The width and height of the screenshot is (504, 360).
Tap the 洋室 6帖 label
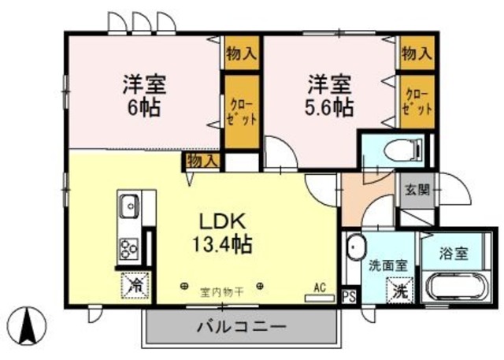click(142, 94)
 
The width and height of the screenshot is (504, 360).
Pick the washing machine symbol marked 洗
click(401, 290)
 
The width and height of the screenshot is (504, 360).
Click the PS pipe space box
click(349, 296)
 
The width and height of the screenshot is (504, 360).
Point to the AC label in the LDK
click(320, 288)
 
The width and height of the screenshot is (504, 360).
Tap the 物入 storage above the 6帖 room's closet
click(241, 54)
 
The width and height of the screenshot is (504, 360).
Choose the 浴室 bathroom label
click(454, 254)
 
